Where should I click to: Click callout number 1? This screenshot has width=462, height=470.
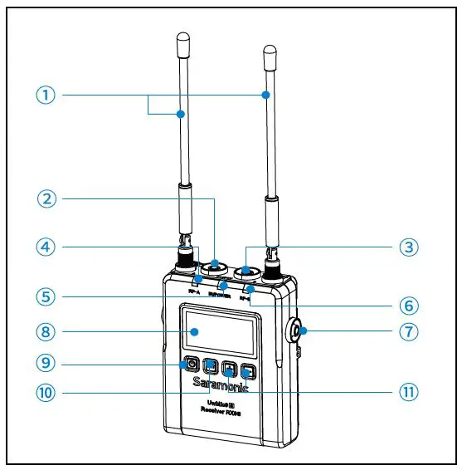[47, 95]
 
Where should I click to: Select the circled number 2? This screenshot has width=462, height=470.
[47, 198]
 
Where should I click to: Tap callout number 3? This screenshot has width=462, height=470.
[407, 247]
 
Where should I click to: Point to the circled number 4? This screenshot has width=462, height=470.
[47, 247]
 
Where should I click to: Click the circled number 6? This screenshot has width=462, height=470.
[407, 305]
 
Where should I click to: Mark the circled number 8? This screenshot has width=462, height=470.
[47, 332]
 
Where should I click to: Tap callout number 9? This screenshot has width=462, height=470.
[47, 363]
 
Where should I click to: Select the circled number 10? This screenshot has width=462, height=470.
[47, 392]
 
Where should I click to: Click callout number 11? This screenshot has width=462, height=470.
[407, 392]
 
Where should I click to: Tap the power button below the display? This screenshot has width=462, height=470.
[191, 364]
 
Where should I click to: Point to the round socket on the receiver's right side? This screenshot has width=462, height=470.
[299, 335]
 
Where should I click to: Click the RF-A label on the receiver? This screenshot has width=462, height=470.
[197, 291]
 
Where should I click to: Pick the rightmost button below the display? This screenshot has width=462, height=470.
[246, 371]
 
